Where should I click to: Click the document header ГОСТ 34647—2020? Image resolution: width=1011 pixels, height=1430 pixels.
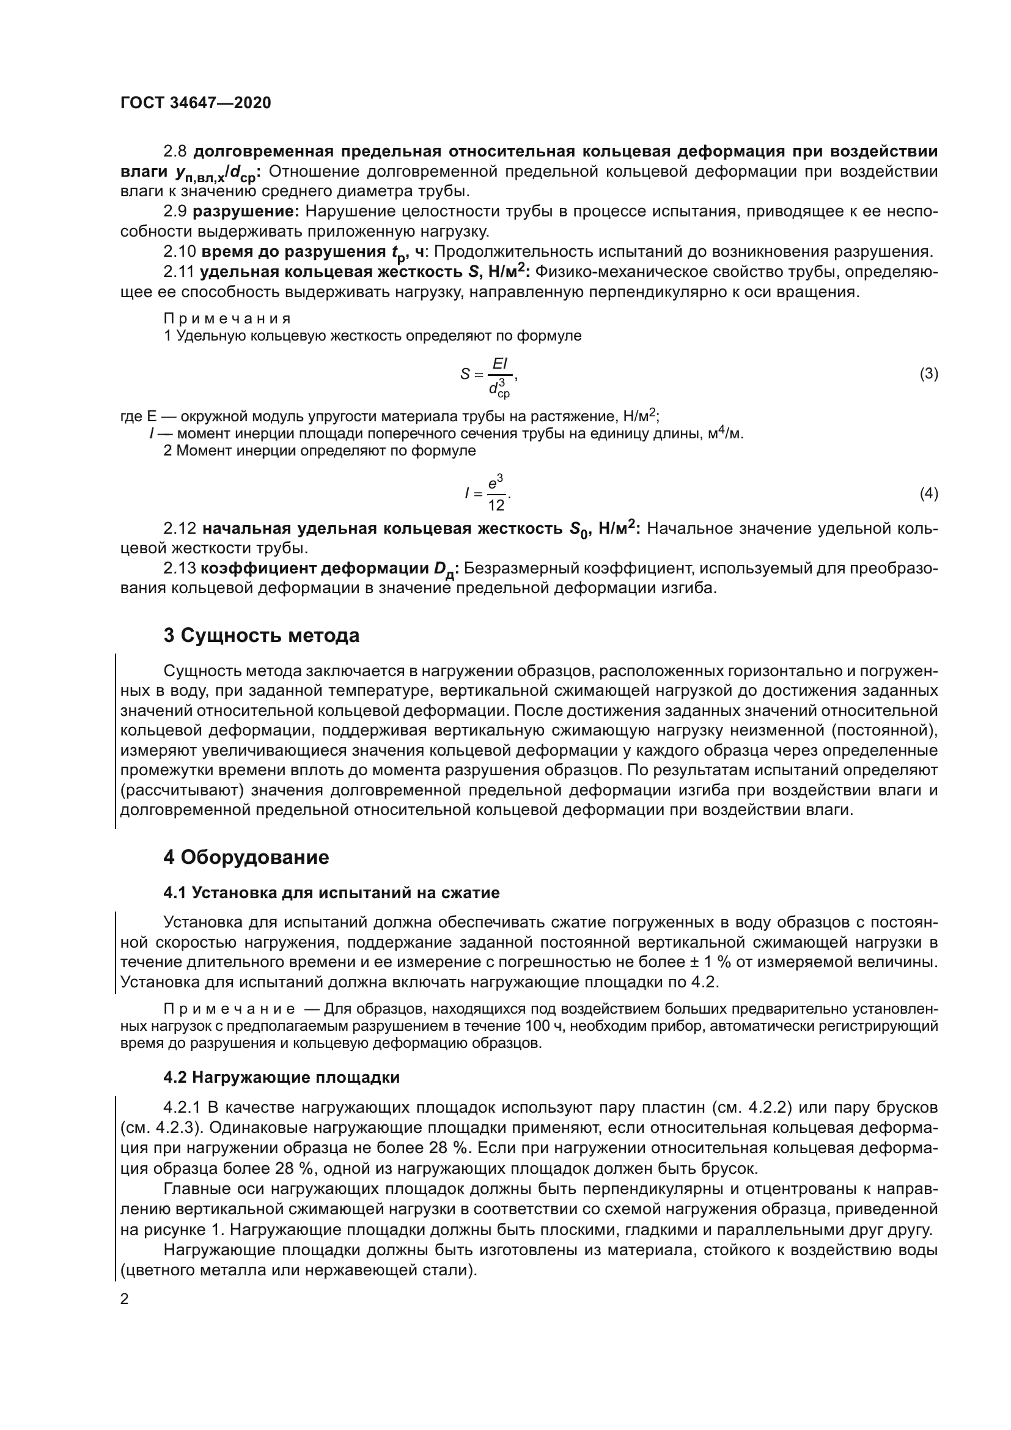[x=196, y=103]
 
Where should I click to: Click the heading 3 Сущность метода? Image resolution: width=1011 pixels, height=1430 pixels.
[x=262, y=636]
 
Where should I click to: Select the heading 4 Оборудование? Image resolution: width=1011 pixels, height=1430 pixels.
[x=246, y=858]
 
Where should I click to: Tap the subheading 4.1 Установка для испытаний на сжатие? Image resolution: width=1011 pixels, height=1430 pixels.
[x=331, y=893]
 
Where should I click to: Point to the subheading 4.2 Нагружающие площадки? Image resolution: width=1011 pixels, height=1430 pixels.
[x=281, y=1077]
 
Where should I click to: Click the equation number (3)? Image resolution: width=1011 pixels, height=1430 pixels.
[x=928, y=374]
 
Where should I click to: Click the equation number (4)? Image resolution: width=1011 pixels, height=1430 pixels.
[x=928, y=494]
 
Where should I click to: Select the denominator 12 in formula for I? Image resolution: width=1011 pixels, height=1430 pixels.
[x=496, y=504]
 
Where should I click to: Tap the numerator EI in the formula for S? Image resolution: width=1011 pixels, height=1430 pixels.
[x=500, y=364]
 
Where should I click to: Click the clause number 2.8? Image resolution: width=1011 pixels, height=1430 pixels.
[x=175, y=152]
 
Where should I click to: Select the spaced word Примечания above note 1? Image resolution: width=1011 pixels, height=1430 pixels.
[x=227, y=319]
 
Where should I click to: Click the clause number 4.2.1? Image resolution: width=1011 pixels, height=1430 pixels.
[x=181, y=1107]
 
